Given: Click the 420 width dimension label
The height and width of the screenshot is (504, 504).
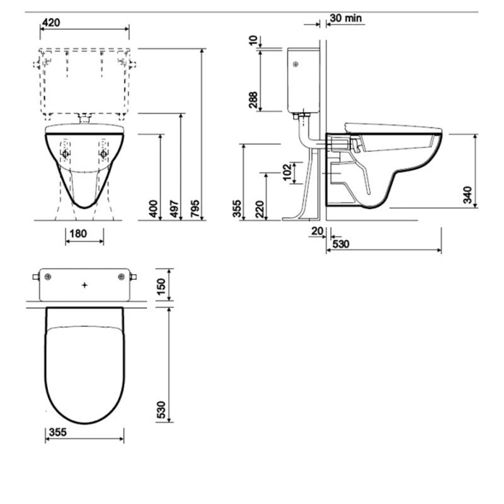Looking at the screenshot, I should click(52, 23).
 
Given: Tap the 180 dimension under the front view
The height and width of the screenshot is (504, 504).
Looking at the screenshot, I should click(78, 234).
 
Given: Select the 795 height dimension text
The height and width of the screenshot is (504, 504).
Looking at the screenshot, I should click(195, 207).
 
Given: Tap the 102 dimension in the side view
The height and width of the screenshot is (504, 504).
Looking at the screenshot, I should click(287, 172).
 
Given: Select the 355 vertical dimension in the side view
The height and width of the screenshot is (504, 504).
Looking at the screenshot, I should click(237, 209).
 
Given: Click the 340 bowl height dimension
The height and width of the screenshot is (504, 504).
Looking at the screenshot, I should click(467, 195).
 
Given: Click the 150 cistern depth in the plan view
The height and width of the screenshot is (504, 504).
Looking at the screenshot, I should click(162, 285).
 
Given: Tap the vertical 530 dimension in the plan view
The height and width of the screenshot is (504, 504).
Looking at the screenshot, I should click(162, 410).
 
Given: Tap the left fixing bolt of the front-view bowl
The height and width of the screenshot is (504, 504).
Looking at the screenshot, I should click(66, 153).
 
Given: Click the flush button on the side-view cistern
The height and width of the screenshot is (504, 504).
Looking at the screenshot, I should click(295, 63).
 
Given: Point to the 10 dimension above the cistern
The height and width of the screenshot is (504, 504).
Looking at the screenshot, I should click(253, 41).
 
